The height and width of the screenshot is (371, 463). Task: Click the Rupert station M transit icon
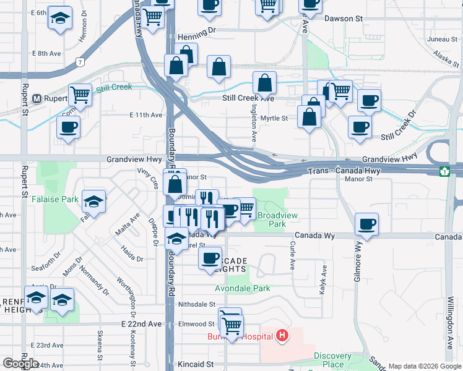(x=37, y=98)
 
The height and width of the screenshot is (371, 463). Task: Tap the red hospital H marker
(x=282, y=336)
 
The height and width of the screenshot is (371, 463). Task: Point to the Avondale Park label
(x=243, y=288)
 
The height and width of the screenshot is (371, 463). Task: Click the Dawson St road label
(x=342, y=19)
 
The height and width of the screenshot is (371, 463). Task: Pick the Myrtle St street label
(x=274, y=118)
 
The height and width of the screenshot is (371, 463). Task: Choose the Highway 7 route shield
(x=80, y=62)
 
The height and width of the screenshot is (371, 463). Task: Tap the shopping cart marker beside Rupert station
(x=80, y=95)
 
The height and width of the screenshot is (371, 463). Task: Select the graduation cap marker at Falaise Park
(x=93, y=201)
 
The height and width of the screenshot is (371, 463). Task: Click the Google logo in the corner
(x=21, y=364)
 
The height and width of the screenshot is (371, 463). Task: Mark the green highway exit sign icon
(x=444, y=171)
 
